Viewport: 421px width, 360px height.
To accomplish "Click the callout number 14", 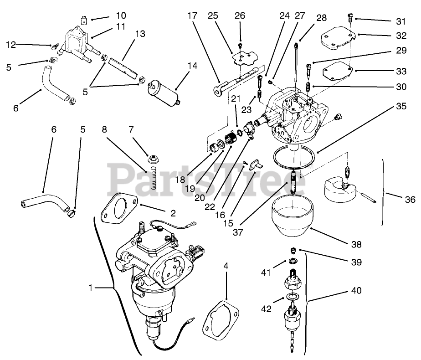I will pos(192,66).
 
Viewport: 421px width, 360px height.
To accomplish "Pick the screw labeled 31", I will pos(349,18).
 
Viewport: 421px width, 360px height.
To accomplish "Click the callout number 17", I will pos(192,15).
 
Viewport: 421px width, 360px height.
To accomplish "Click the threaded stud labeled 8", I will pos(151,178).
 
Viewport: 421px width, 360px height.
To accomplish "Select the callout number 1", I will pos(91,288).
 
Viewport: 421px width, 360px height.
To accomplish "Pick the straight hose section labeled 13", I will pos(123,67).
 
